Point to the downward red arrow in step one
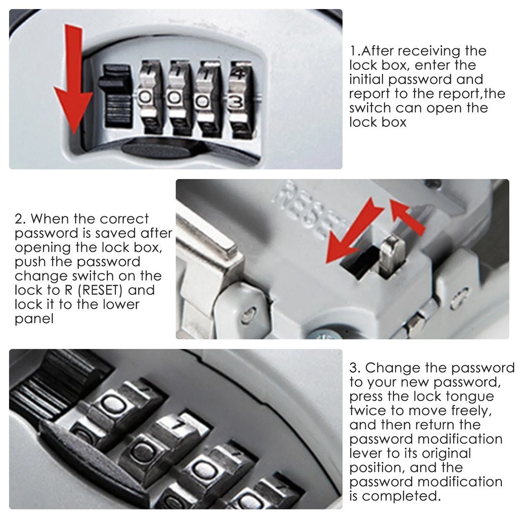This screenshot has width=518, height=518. coord(73,79)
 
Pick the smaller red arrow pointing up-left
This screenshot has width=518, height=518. coord(407,217)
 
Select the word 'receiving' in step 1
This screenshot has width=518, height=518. coord(428,52)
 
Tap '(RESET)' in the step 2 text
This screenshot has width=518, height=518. coord(100,290)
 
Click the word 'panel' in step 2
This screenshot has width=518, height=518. coord(34,319)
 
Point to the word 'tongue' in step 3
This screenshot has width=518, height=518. coord(469,397)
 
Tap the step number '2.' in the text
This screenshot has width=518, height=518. coord(20,219)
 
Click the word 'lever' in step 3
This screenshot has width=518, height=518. coord(367,454)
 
